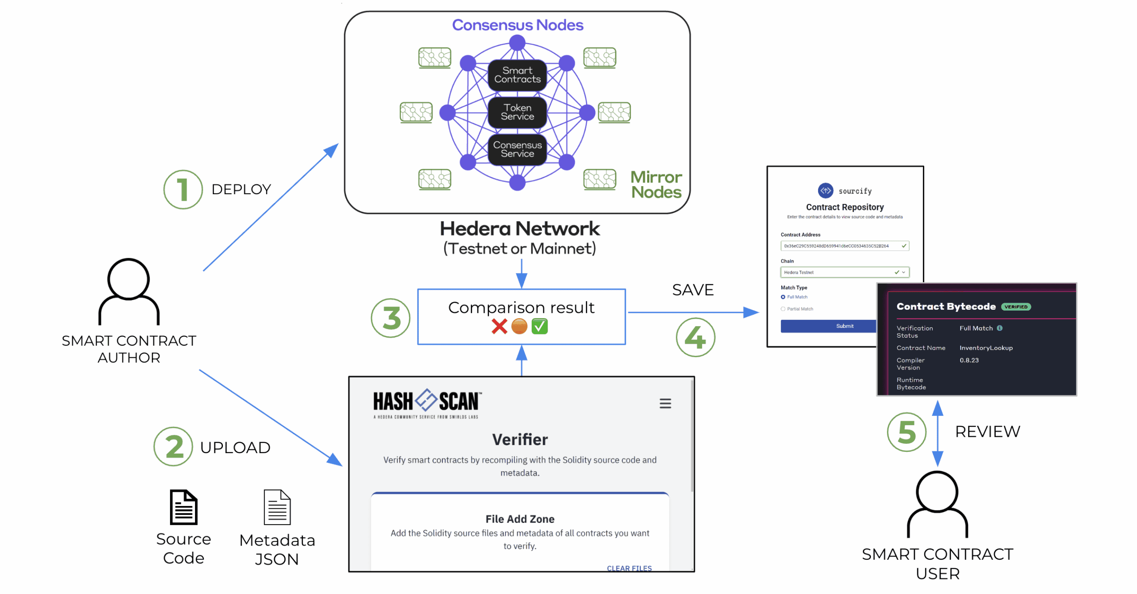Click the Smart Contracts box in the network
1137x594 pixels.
(517, 75)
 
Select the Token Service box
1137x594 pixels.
(517, 112)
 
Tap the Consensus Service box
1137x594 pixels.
(517, 149)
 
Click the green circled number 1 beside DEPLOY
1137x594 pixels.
(183, 190)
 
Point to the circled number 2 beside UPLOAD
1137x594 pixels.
(173, 446)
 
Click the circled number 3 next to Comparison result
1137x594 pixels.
(390, 318)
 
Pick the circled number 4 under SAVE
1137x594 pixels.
(695, 337)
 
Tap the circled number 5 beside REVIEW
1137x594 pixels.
(906, 432)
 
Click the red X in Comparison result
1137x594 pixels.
(499, 327)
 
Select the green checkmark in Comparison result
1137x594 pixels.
(539, 327)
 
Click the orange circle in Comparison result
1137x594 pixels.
(519, 327)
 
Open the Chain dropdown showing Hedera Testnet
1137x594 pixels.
(844, 272)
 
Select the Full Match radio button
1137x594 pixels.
(783, 297)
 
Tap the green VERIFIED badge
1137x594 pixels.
(1015, 307)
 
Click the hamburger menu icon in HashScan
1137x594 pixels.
(665, 403)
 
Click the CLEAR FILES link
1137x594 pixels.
(629, 568)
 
